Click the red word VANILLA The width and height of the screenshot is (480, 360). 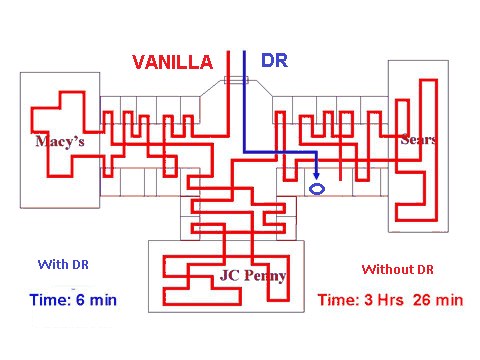pyautogui.click(x=173, y=62)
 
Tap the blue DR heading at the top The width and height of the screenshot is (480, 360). pyautogui.click(x=274, y=60)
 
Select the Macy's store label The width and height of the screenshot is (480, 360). pyautogui.click(x=60, y=141)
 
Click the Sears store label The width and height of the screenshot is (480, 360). pyautogui.click(x=419, y=139)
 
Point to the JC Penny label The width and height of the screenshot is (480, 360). pyautogui.click(x=253, y=276)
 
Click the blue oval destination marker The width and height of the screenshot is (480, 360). pyautogui.click(x=317, y=189)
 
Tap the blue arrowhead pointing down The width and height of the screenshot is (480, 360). pyautogui.click(x=317, y=176)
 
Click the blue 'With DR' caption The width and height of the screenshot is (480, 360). pyautogui.click(x=63, y=265)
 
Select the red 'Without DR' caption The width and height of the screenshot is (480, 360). pyautogui.click(x=398, y=269)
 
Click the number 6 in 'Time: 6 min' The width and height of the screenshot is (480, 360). pyautogui.click(x=80, y=300)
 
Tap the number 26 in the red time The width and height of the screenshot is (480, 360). pyautogui.click(x=421, y=300)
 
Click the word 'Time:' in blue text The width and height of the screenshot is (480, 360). pyautogui.click(x=51, y=300)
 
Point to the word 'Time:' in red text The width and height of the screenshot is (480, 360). pyautogui.click(x=339, y=300)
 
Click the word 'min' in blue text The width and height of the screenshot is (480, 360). pyautogui.click(x=103, y=300)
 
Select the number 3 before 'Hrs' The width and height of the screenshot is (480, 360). pyautogui.click(x=368, y=300)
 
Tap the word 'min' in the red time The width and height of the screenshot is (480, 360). pyautogui.click(x=450, y=300)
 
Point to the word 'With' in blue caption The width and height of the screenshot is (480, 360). pyautogui.click(x=53, y=265)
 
